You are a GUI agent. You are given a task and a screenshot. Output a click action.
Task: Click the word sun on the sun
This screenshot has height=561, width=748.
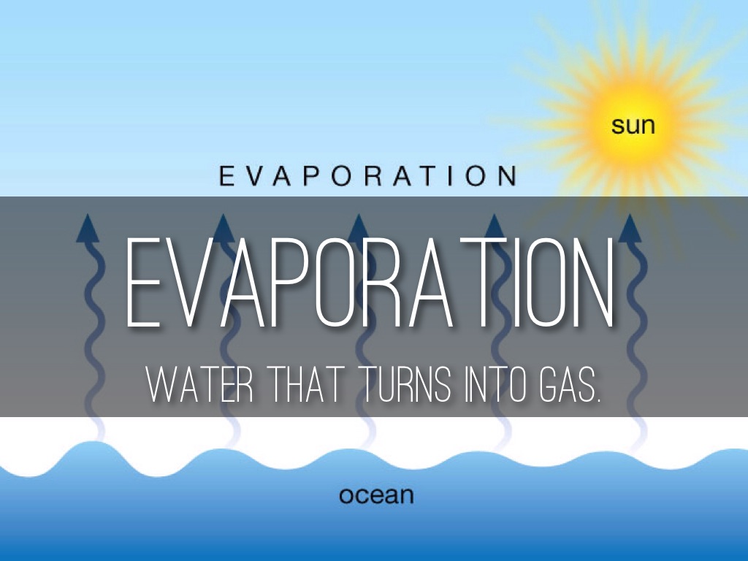tap(633, 126)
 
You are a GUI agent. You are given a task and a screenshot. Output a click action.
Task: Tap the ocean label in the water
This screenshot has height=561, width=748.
tap(376, 496)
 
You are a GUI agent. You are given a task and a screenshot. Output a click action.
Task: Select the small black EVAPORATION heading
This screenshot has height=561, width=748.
tap(368, 176)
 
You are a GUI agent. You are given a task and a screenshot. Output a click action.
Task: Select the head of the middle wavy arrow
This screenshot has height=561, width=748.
tap(358, 227)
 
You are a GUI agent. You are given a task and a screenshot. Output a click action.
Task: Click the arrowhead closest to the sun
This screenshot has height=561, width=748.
tap(629, 227)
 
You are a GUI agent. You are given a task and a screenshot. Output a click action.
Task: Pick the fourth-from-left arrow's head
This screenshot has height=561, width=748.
tap(494, 227)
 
